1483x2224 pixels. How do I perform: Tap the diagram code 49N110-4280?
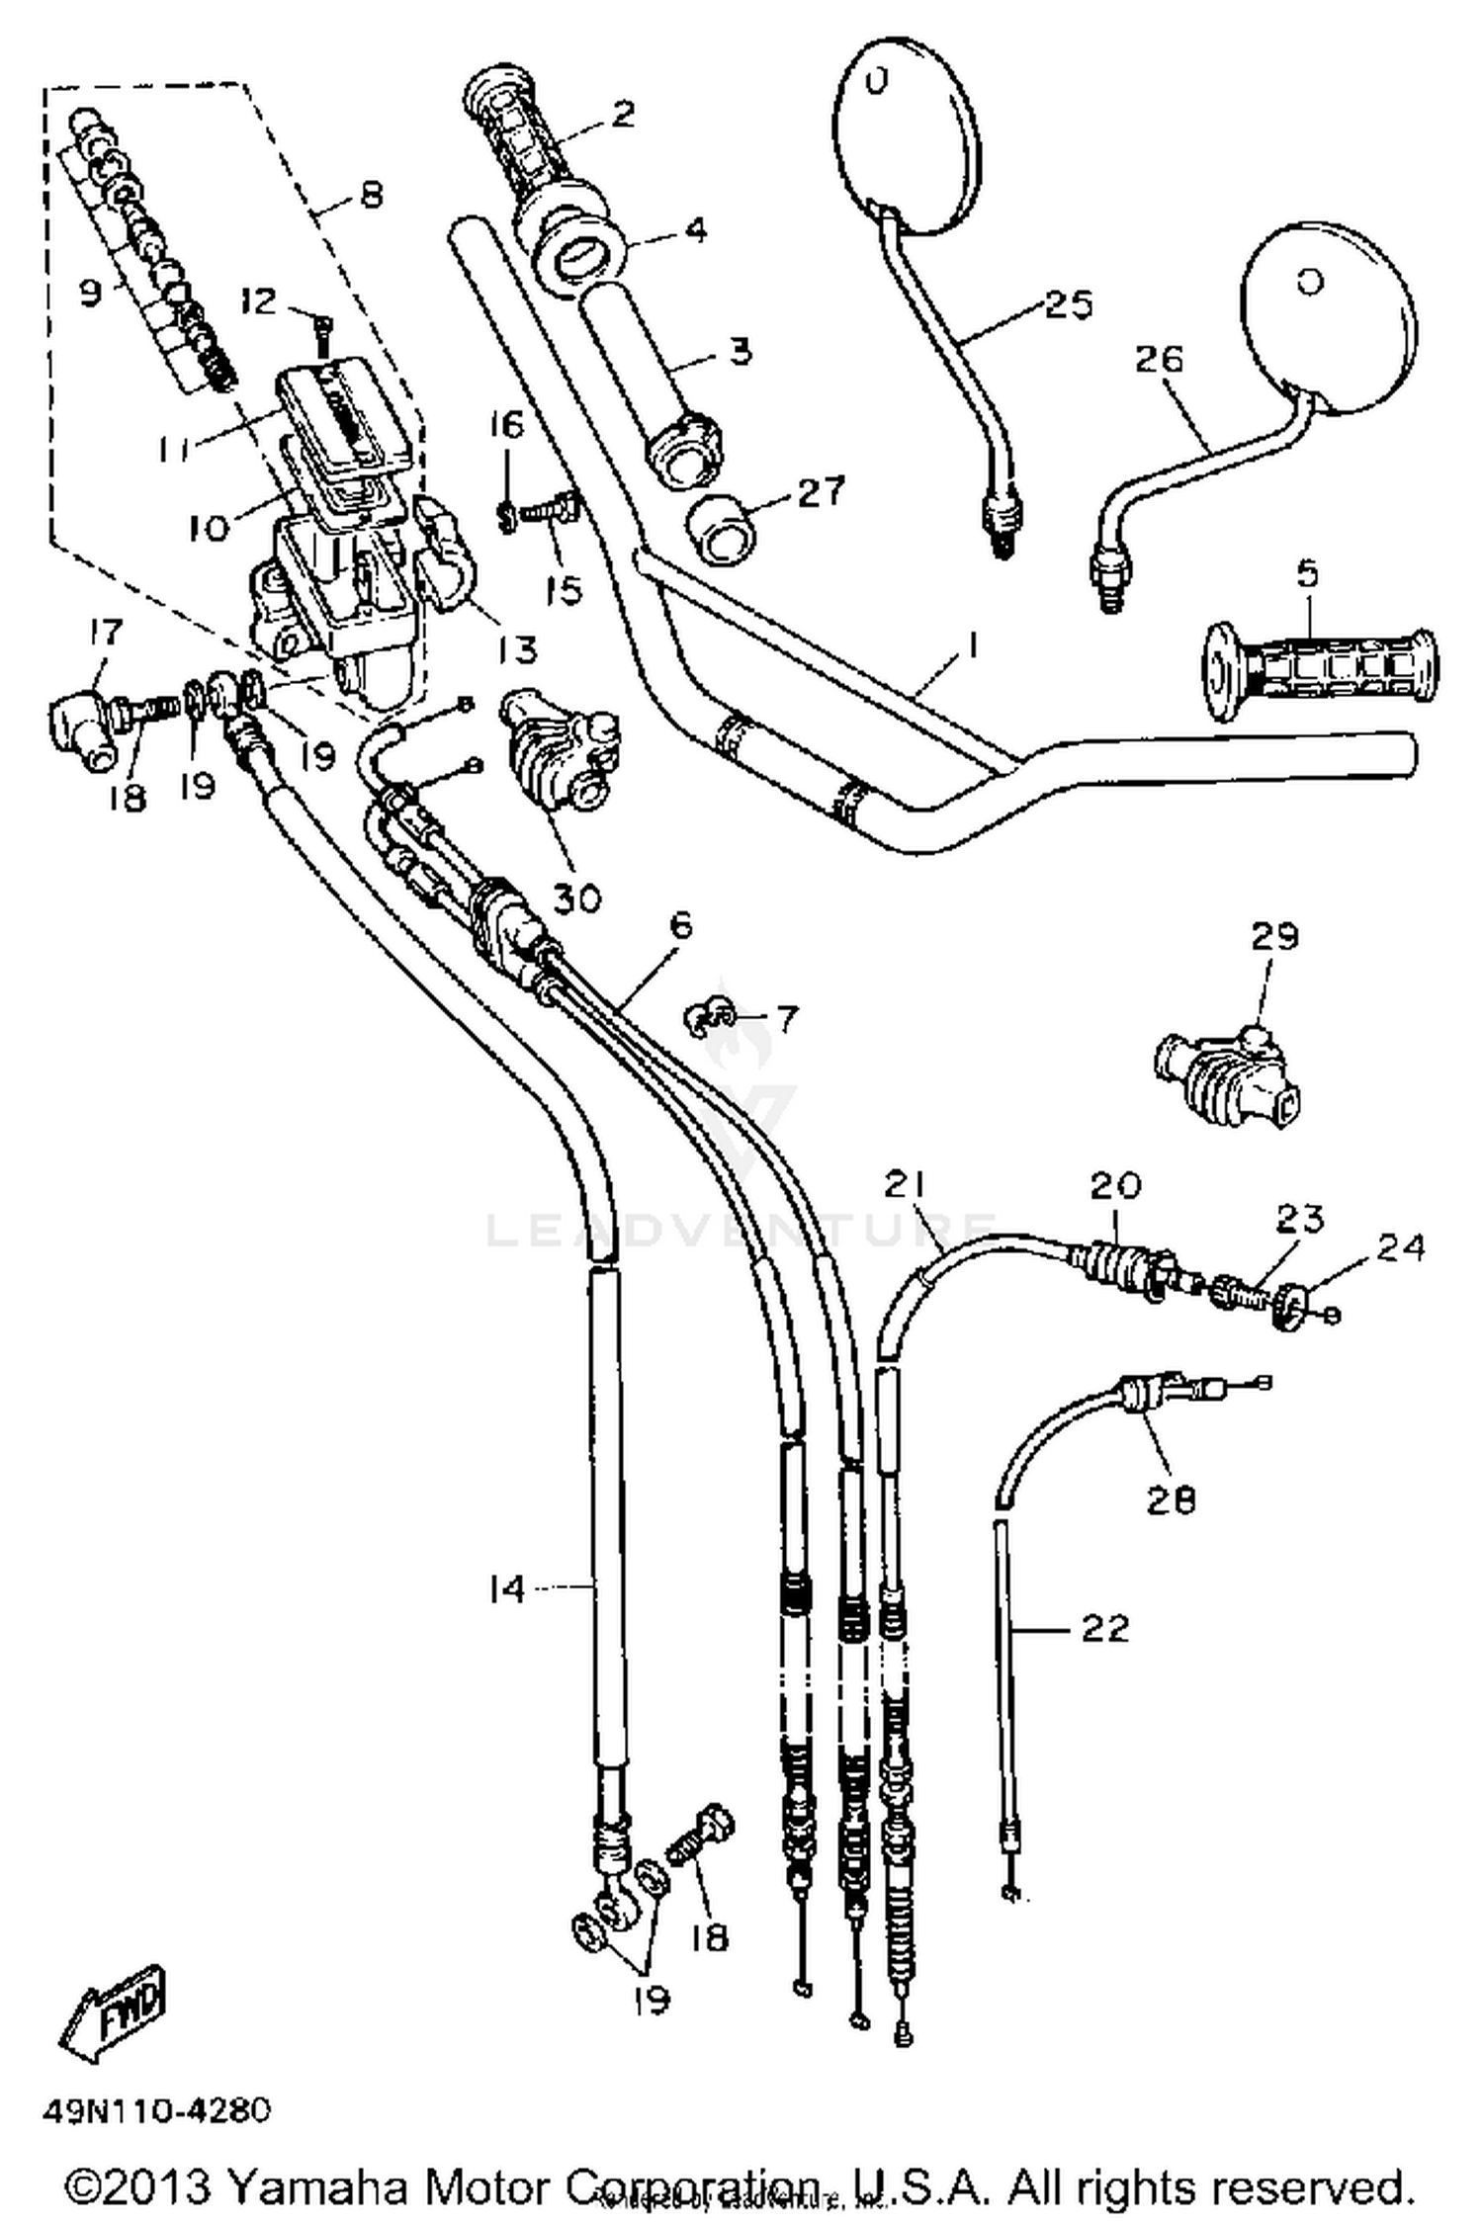click(x=155, y=2111)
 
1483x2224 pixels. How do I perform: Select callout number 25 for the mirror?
click(x=1068, y=303)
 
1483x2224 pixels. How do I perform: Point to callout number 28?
click(x=1171, y=1499)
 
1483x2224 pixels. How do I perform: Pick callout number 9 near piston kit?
click(x=90, y=293)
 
